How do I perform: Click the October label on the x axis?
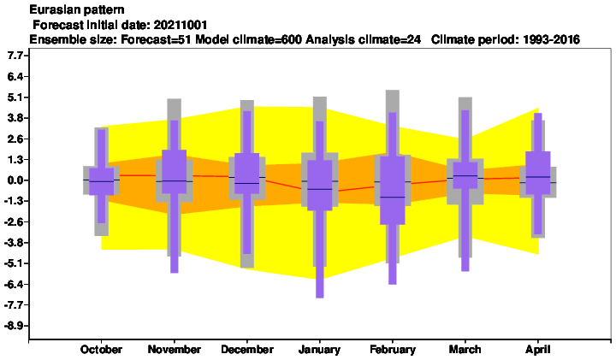click(x=101, y=350)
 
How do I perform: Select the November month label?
click(x=174, y=350)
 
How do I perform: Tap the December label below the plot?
click(x=247, y=350)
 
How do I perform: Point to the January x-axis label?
click(x=319, y=350)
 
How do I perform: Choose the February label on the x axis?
click(x=393, y=350)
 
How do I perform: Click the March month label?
click(x=465, y=350)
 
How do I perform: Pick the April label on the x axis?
click(x=538, y=350)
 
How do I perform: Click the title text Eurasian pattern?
click(x=77, y=9)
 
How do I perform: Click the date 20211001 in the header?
click(x=181, y=25)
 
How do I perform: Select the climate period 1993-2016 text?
click(x=552, y=39)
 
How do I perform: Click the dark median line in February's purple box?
click(x=393, y=197)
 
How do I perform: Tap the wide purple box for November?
click(x=174, y=172)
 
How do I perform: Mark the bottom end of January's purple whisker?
click(x=320, y=298)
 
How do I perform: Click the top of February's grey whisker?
click(x=393, y=91)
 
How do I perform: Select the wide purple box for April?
click(x=538, y=173)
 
